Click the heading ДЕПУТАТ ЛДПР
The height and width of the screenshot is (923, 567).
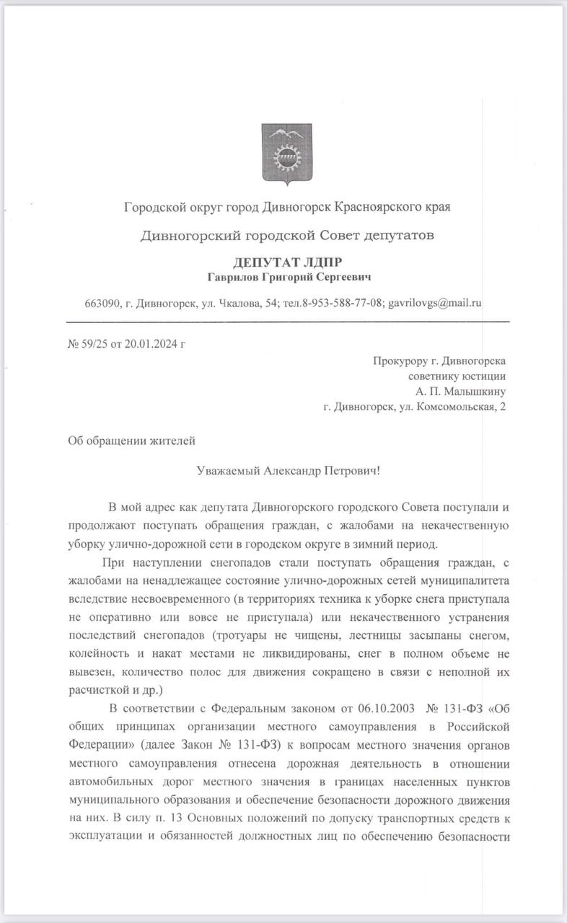[x=288, y=262]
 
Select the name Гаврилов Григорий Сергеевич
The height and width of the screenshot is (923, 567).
[x=288, y=277]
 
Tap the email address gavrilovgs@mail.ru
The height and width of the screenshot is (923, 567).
[x=435, y=303]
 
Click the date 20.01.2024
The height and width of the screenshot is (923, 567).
[x=151, y=343]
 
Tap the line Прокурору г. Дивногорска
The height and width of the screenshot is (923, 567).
[x=439, y=361]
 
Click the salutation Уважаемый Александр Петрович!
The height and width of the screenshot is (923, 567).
[x=287, y=470]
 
